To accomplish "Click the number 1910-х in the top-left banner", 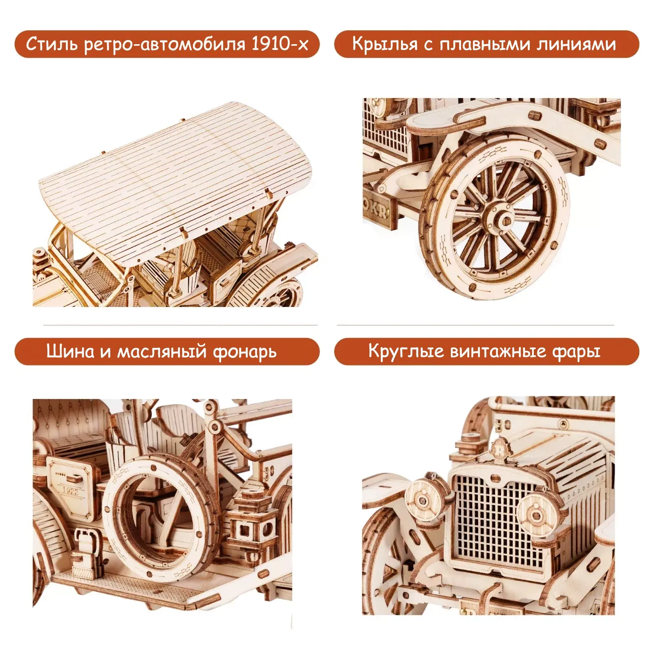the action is coord(280,43).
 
